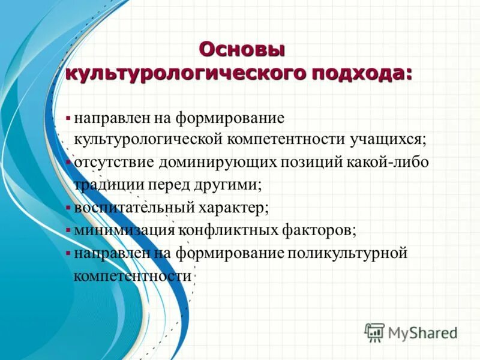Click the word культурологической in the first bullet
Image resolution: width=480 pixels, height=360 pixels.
click(x=148, y=140)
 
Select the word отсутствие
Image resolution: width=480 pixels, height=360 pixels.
click(x=114, y=163)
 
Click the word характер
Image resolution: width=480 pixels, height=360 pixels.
click(x=231, y=208)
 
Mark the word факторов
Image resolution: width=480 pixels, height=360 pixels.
click(x=320, y=230)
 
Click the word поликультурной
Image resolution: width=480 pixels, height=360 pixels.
click(x=348, y=253)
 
